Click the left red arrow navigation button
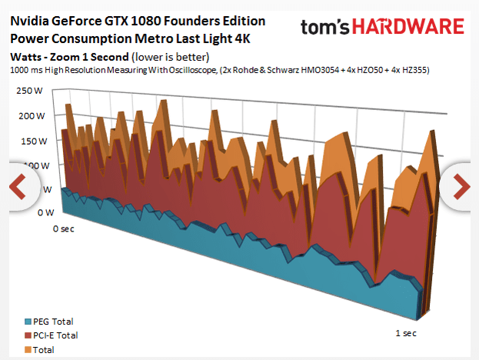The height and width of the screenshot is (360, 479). (x=18, y=185)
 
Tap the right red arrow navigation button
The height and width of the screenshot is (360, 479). (x=460, y=185)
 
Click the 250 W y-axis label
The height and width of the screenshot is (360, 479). (x=31, y=91)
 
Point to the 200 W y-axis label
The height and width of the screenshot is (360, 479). (x=31, y=116)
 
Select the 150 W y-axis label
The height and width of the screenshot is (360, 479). (x=31, y=142)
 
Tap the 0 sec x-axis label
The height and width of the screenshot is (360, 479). (x=64, y=229)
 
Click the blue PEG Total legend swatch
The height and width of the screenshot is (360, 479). (x=28, y=322)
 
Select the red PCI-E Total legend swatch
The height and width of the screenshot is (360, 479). (x=28, y=335)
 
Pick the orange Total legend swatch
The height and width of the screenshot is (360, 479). (x=28, y=349)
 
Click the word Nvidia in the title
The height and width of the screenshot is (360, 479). (x=31, y=21)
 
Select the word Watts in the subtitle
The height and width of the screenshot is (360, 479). (x=27, y=57)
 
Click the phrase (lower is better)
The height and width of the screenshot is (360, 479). (x=170, y=57)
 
